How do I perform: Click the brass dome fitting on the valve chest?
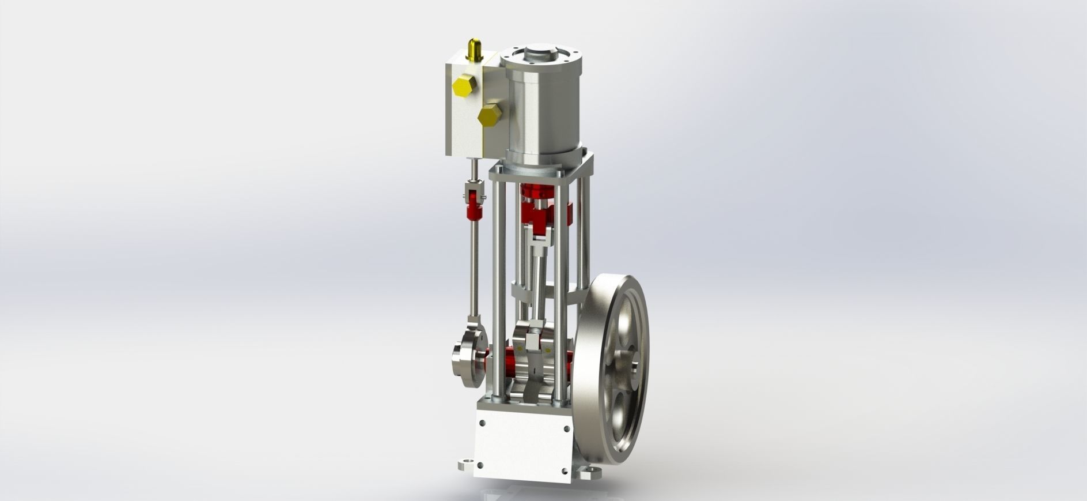click(x=475, y=50)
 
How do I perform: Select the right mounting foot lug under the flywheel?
click(x=588, y=475)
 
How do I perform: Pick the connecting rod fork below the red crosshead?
click(x=539, y=244)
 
